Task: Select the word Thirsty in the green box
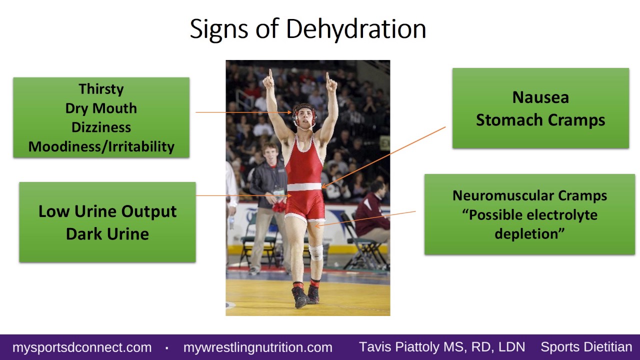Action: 101,89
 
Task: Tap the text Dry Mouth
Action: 101,108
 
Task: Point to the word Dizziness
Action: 101,127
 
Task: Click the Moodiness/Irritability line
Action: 101,146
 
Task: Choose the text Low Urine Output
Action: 107,211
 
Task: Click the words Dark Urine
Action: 107,233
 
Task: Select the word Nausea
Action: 540,97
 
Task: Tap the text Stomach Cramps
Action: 540,120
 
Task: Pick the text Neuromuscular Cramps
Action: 529,195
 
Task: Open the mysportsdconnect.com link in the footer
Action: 82,347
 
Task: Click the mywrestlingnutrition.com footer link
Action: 257,347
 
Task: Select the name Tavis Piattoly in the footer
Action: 405,347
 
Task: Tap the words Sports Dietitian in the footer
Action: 586,347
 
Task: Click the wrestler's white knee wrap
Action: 315,252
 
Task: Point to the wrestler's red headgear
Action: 304,111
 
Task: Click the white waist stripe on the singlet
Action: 304,187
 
